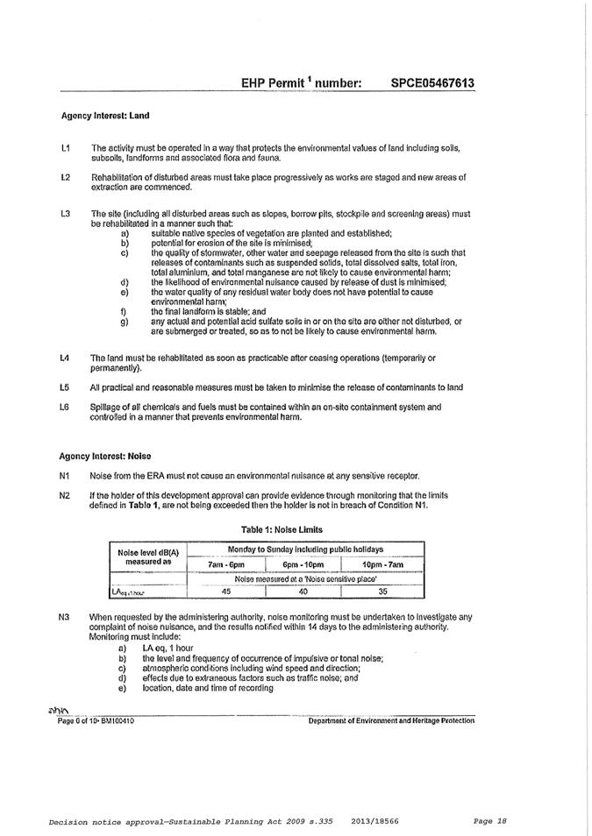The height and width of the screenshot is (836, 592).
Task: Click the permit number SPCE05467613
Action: pyautogui.click(x=432, y=83)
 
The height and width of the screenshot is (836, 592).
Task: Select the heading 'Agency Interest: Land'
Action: pyautogui.click(x=98, y=115)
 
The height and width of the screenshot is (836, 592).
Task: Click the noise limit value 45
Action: pyautogui.click(x=225, y=592)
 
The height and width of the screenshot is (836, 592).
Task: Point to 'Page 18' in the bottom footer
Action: pyautogui.click(x=489, y=821)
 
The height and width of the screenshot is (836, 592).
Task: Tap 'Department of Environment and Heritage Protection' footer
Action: pyautogui.click(x=391, y=720)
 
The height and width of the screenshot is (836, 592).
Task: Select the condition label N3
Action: pyautogui.click(x=65, y=617)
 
